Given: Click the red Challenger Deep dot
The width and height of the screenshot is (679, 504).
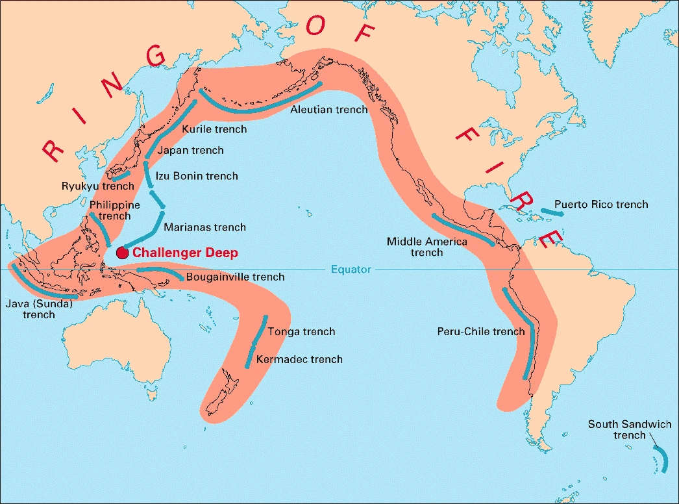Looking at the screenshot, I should coord(122,253).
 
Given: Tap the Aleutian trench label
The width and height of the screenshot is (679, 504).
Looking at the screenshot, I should coord(328,110).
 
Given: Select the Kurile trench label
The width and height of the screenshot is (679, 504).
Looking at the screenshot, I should coord(214,129).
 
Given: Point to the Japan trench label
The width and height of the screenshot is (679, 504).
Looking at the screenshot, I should coord(190,151).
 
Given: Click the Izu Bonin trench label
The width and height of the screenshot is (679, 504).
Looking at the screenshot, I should coord(197,176).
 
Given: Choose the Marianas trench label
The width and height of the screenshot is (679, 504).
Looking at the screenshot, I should coord(204,227).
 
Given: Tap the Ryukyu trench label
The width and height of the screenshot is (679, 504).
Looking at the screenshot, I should coord(97,186).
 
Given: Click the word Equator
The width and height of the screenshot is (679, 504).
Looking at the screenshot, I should coord(351,269).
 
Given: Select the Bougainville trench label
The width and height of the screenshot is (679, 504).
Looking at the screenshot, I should coord(235,277).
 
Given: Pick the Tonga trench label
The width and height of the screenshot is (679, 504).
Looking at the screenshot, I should coord(301,332).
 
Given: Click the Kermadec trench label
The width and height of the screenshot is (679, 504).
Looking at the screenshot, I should coord(299,359).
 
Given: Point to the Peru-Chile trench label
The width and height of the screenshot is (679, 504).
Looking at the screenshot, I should coord(480,332).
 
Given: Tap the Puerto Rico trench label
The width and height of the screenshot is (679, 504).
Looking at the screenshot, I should coord(601,205).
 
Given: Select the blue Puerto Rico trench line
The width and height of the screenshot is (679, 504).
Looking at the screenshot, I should coord(552,212).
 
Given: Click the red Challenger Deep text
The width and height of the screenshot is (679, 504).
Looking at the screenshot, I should coord(185,253).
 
